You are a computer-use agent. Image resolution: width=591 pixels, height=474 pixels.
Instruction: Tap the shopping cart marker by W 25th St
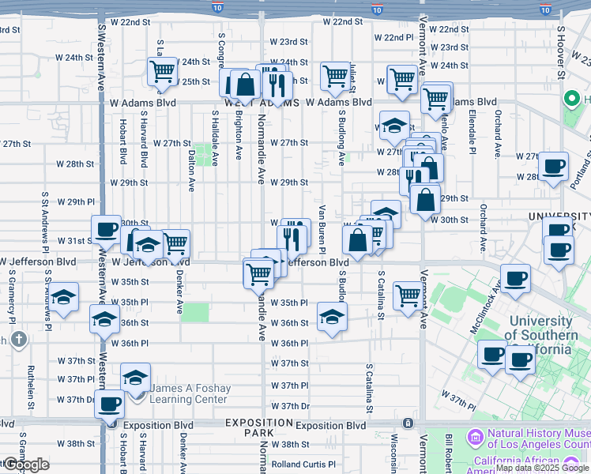[x=162, y=71]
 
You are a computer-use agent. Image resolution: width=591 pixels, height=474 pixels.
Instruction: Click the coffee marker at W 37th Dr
[x=109, y=404]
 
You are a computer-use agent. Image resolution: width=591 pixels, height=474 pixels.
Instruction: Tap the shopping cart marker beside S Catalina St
[x=408, y=296]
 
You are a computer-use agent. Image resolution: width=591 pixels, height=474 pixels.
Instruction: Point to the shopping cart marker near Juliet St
[x=335, y=76]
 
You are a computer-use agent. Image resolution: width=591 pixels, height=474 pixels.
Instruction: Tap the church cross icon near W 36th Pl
[x=19, y=340]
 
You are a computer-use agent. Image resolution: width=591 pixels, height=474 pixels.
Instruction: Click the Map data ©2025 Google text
[x=541, y=468]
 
